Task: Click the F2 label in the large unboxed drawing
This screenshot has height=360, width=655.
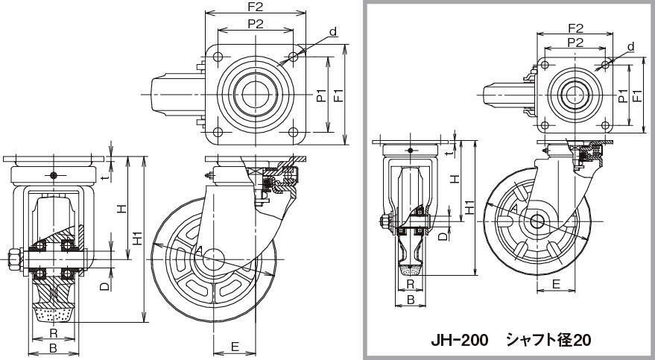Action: [x=255, y=7]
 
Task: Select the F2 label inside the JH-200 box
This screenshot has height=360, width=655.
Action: [x=575, y=28]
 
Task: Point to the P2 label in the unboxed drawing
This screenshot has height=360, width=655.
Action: [x=256, y=24]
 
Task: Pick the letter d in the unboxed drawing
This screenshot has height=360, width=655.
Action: [x=334, y=31]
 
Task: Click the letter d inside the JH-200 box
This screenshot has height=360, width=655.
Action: [x=630, y=46]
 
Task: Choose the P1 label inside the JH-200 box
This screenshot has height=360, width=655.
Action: [x=623, y=95]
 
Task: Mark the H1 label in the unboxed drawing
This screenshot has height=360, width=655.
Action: [x=136, y=238]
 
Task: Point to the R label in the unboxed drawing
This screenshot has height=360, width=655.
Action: [x=53, y=333]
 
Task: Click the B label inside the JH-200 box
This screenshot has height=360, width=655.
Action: [x=410, y=300]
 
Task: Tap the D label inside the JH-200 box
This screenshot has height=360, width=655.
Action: [x=442, y=237]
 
